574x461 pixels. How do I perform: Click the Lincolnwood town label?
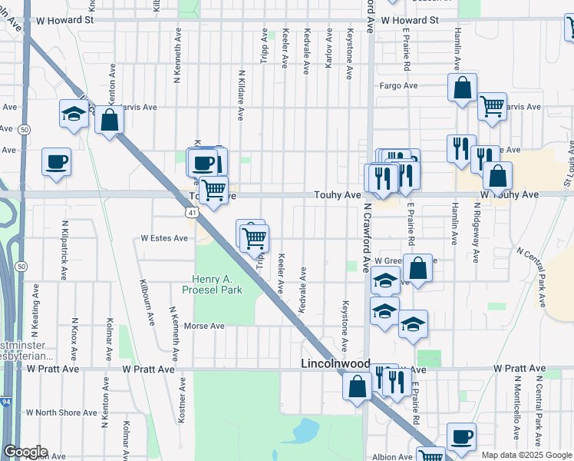pyautogui.click(x=336, y=363)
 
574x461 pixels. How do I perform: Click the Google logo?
pyautogui.click(x=25, y=452)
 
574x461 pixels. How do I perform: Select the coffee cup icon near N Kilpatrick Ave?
pyautogui.click(x=56, y=163)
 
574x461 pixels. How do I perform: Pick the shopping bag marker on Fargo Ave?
pyautogui.click(x=463, y=88)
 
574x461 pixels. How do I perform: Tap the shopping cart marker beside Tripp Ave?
pyautogui.click(x=254, y=238)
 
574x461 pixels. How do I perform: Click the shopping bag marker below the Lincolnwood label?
pyautogui.click(x=358, y=386)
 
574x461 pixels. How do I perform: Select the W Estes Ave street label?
pyautogui.click(x=164, y=238)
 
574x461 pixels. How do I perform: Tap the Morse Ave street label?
pyautogui.click(x=204, y=326)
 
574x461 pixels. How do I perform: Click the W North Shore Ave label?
pyautogui.click(x=68, y=413)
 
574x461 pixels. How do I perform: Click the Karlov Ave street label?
pyautogui.click(x=328, y=48)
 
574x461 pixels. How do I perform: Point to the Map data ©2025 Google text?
pyautogui.click(x=526, y=455)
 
